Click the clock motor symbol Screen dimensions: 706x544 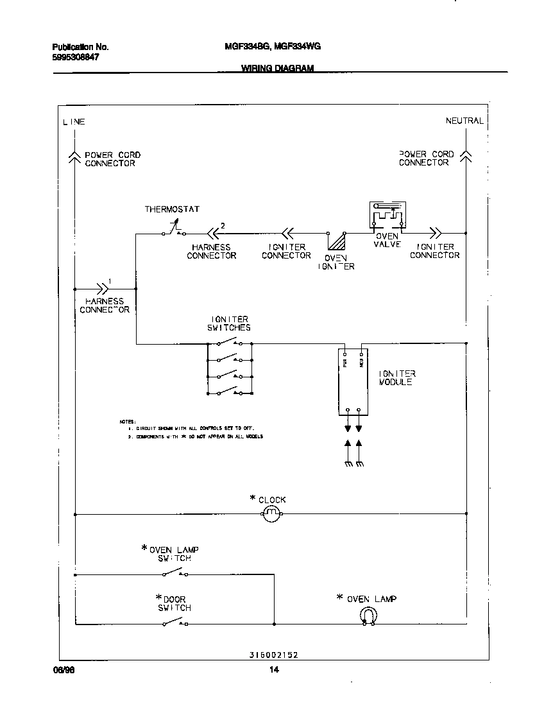[x=271, y=513]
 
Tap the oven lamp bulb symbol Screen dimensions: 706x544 [x=367, y=617]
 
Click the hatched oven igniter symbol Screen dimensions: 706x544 [x=336, y=241]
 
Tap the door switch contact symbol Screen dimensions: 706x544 [x=174, y=623]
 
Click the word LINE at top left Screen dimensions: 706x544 [x=74, y=122]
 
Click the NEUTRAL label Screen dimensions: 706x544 [x=464, y=121]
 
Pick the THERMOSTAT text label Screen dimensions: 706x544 [x=172, y=209]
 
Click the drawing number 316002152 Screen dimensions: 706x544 [x=273, y=655]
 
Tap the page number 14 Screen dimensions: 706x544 [x=274, y=671]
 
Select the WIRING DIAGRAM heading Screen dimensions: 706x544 [x=277, y=68]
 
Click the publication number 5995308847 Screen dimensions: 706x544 [x=76, y=57]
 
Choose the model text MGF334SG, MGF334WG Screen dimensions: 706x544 [x=273, y=47]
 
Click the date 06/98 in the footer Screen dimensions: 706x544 [x=59, y=670]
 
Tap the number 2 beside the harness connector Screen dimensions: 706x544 [x=223, y=225]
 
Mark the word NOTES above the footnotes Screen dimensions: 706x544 [x=127, y=421]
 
